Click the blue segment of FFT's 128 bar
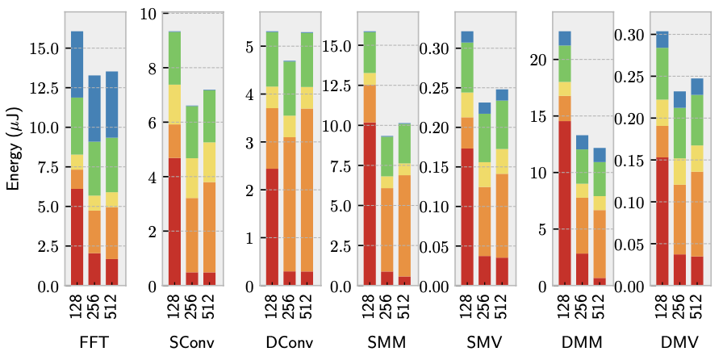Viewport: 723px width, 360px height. click(x=77, y=65)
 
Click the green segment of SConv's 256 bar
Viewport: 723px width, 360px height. click(x=192, y=132)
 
